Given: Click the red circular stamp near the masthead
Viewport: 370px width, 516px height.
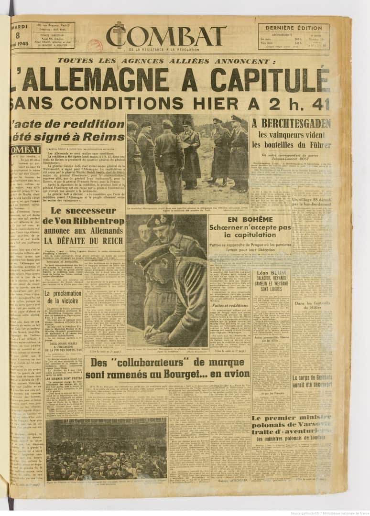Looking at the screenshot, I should pyautogui.click(x=94, y=45).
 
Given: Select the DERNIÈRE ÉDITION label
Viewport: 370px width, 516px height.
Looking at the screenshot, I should pyautogui.click(x=294, y=28).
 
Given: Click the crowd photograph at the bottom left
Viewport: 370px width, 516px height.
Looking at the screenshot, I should pyautogui.click(x=106, y=449).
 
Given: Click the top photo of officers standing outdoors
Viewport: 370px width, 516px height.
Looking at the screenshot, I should pyautogui.click(x=187, y=159).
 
